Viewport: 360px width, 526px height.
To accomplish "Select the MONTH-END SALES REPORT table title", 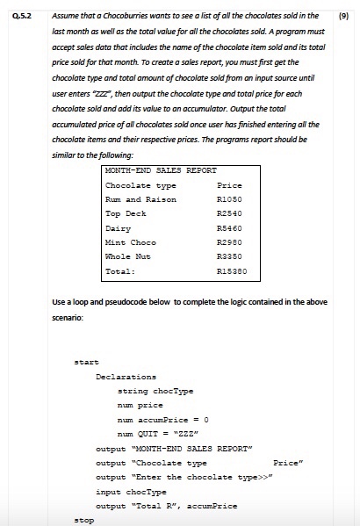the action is [160, 170].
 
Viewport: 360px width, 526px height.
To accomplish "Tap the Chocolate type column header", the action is [140, 185].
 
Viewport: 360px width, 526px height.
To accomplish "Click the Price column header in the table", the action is [228, 185].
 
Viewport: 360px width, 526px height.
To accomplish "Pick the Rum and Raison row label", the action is [140, 199].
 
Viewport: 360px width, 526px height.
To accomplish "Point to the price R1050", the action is [228, 199].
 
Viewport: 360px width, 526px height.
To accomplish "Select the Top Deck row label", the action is [126, 213].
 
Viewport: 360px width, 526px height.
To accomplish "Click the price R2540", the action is [228, 213].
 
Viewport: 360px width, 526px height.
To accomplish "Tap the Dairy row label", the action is [118, 227].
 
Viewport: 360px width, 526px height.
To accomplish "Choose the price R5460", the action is [228, 227].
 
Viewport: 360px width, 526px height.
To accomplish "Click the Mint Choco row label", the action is [130, 241].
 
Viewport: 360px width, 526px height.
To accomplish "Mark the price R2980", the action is [228, 241].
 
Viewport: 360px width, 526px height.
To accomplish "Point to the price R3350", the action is [228, 256].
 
